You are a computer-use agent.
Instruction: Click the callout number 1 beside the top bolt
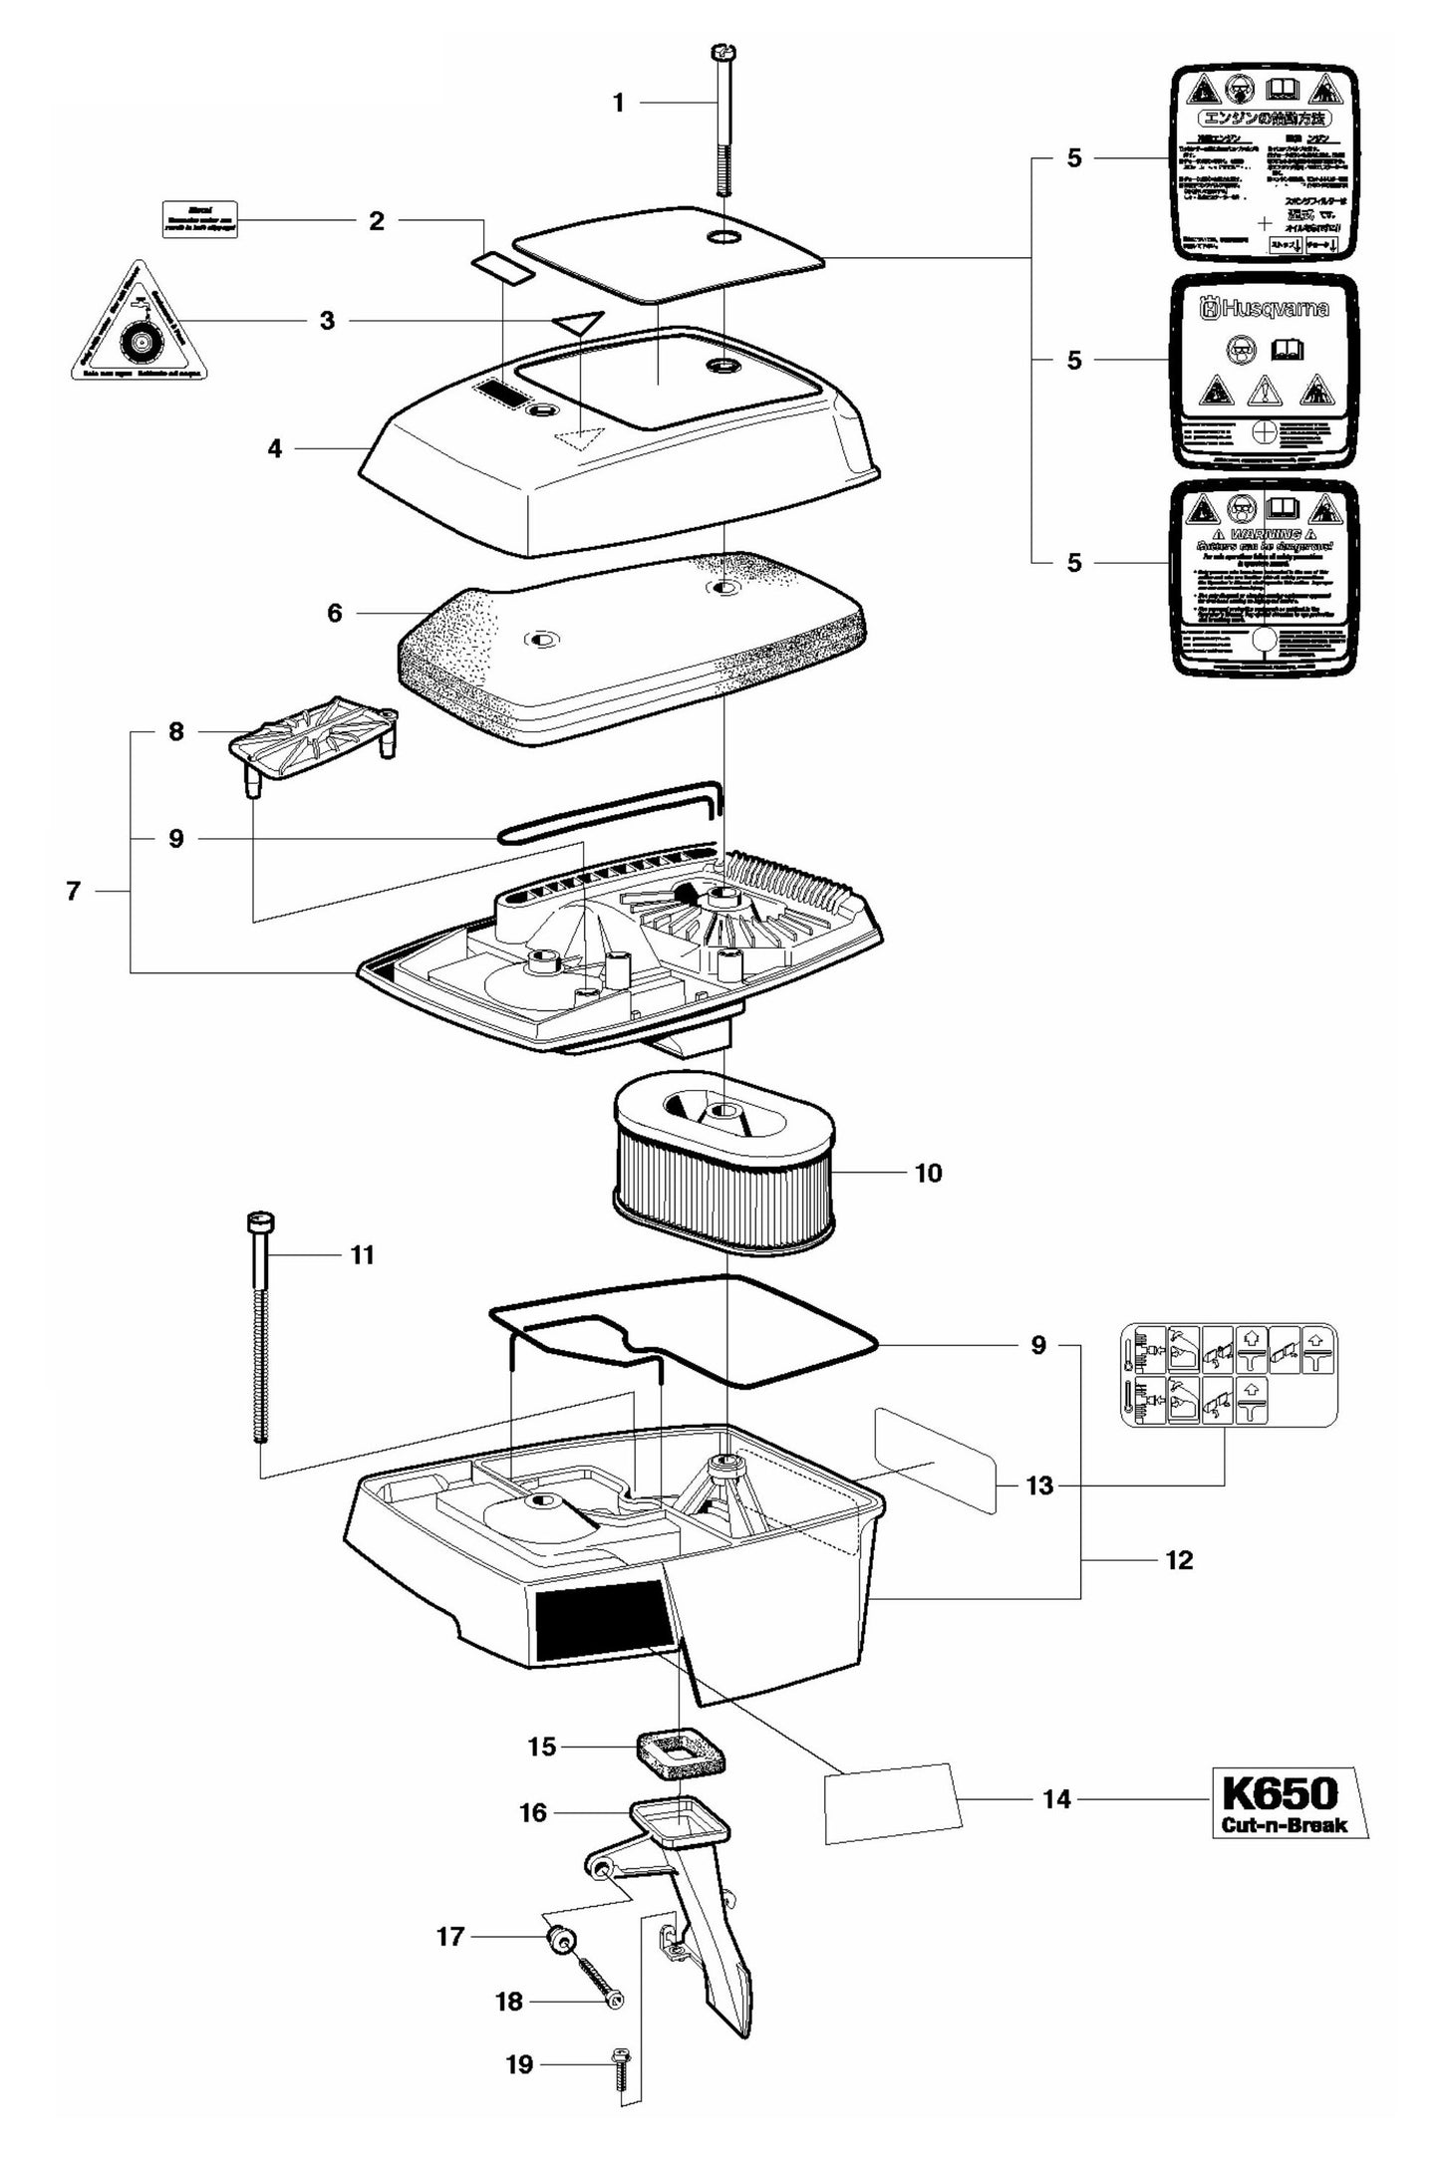click(618, 103)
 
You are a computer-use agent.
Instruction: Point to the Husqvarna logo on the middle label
click(1264, 310)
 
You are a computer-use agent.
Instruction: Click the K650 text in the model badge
click(1279, 1793)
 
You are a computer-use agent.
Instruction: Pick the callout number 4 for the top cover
click(275, 449)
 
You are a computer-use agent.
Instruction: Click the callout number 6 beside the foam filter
click(335, 613)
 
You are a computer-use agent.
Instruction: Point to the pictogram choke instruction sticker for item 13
click(1229, 1374)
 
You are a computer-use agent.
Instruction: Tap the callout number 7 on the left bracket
click(73, 891)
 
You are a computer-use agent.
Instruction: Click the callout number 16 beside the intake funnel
click(534, 1812)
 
